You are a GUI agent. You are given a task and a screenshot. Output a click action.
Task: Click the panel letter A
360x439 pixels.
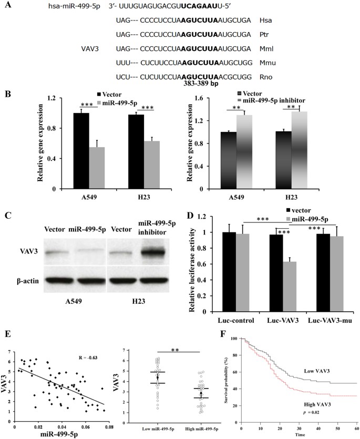(7, 7)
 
